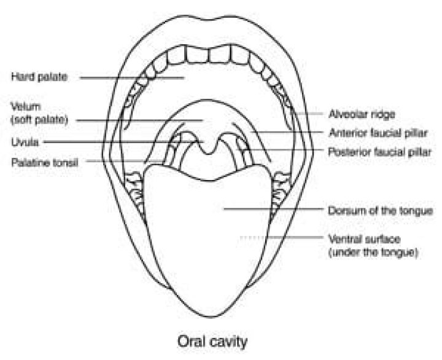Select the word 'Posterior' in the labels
pyautogui.click(x=347, y=150)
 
